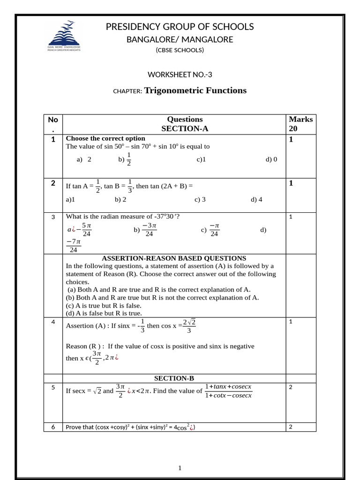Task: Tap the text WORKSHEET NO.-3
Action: tap(176, 74)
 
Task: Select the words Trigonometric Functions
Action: tap(195, 90)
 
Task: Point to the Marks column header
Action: tap(300, 120)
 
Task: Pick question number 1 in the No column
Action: tap(53, 139)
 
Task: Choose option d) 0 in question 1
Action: tap(271, 159)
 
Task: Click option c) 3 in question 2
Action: tap(200, 199)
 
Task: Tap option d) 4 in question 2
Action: tap(256, 199)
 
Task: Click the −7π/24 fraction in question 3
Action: tap(74, 246)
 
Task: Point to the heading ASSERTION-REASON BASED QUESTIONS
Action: tap(174, 258)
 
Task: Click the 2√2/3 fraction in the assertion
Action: tap(189, 326)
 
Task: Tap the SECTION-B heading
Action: tap(174, 378)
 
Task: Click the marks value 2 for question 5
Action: tap(291, 387)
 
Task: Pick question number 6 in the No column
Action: tap(53, 427)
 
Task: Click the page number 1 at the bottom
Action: tap(180, 468)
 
